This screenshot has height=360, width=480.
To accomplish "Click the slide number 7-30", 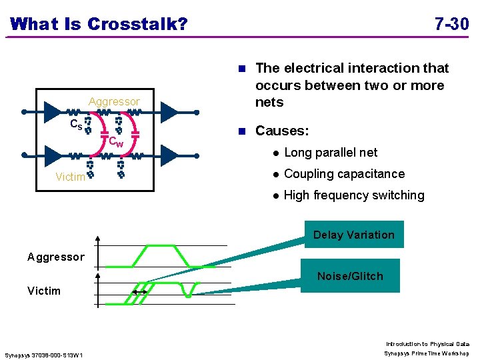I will [451, 25].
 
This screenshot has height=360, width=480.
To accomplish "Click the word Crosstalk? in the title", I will [137, 25].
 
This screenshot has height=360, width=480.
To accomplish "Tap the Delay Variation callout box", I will [354, 235].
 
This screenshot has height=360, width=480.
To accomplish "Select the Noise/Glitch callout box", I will [350, 276].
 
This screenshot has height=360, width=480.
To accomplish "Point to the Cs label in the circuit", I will [77, 124].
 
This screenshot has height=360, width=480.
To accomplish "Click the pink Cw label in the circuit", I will [116, 142].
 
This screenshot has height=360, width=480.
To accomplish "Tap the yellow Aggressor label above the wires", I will [115, 101].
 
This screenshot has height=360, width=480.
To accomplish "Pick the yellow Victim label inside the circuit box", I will [70, 177].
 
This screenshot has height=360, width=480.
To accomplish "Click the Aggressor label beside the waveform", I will [56, 257].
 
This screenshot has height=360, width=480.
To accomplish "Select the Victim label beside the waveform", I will [44, 291].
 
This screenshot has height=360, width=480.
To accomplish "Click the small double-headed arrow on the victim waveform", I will [140, 293].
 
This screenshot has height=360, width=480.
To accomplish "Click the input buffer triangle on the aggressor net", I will [53, 111].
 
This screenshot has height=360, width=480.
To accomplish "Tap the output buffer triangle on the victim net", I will [169, 156].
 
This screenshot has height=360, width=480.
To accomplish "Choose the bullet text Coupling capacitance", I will [344, 174].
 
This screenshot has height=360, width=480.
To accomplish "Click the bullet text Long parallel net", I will [331, 153].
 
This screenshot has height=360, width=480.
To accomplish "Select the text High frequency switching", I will [354, 195].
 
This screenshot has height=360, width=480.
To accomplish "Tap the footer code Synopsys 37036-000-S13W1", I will [44, 355].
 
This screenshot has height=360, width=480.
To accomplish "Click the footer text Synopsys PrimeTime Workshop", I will [427, 353].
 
